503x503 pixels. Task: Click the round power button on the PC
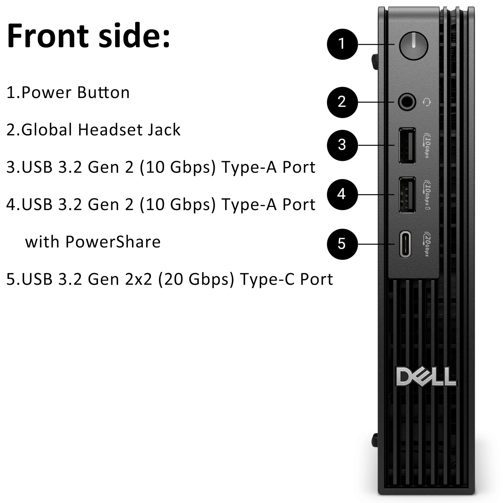click(413, 46)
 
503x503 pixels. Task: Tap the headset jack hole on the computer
click(407, 102)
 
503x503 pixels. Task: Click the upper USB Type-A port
click(407, 146)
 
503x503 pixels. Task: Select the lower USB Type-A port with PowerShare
click(407, 195)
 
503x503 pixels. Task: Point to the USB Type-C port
click(405, 244)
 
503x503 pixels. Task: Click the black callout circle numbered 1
click(342, 44)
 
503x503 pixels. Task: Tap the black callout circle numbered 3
click(342, 145)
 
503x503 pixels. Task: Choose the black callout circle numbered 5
click(342, 244)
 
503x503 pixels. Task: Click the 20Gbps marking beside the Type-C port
click(427, 244)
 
